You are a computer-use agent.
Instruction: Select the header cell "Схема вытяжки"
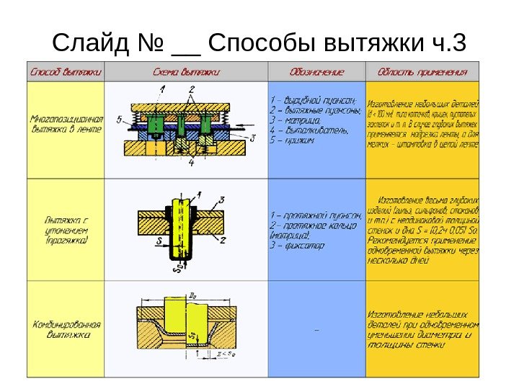186,72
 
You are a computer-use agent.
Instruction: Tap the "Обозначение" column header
317,72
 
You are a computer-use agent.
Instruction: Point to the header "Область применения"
422,72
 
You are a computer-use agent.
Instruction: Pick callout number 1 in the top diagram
163,89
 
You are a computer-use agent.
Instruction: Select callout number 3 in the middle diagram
222,198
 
